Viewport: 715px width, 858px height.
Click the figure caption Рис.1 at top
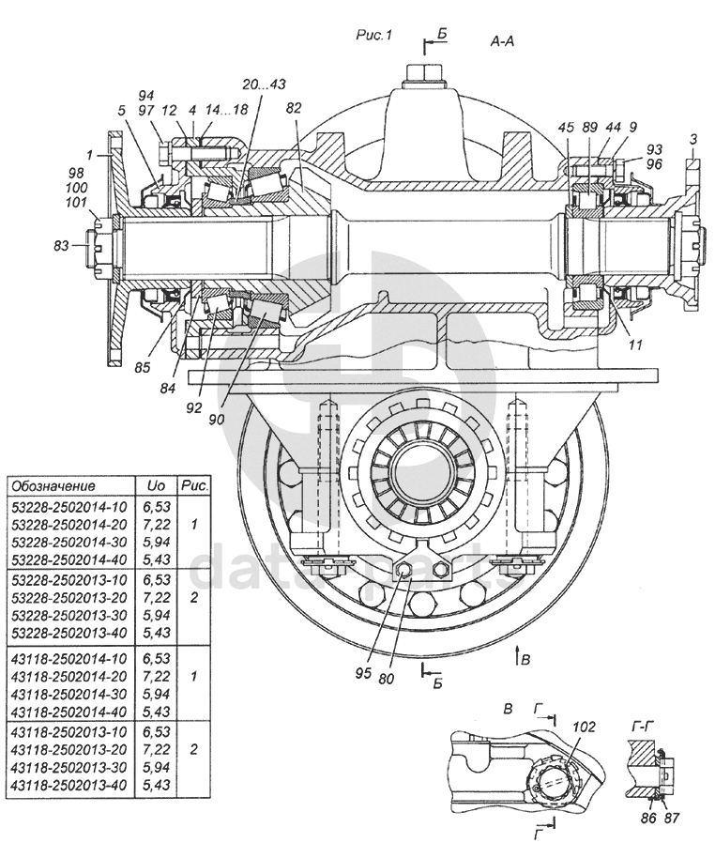tap(373, 35)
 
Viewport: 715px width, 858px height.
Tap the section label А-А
tap(502, 41)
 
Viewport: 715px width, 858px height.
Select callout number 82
tap(294, 109)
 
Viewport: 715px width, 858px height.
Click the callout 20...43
tap(263, 84)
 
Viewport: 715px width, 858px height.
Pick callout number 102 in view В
tap(584, 726)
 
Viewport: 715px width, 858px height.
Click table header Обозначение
tap(52, 486)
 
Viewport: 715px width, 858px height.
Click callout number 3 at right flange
tap(692, 139)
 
